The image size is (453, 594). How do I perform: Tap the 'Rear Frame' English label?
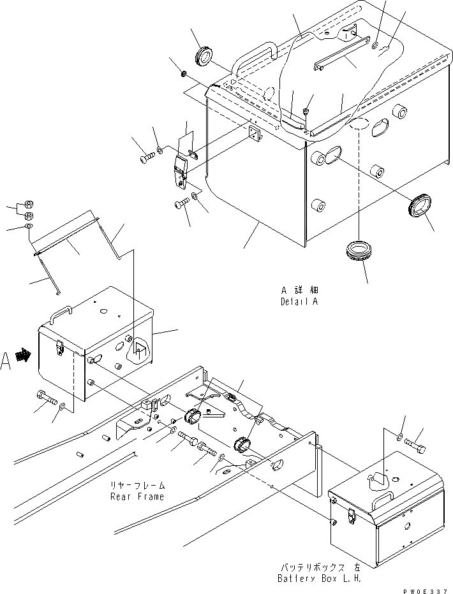click(137, 496)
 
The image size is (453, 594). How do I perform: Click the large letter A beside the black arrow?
click(6, 361)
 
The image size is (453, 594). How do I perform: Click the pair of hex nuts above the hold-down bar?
click(28, 210)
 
